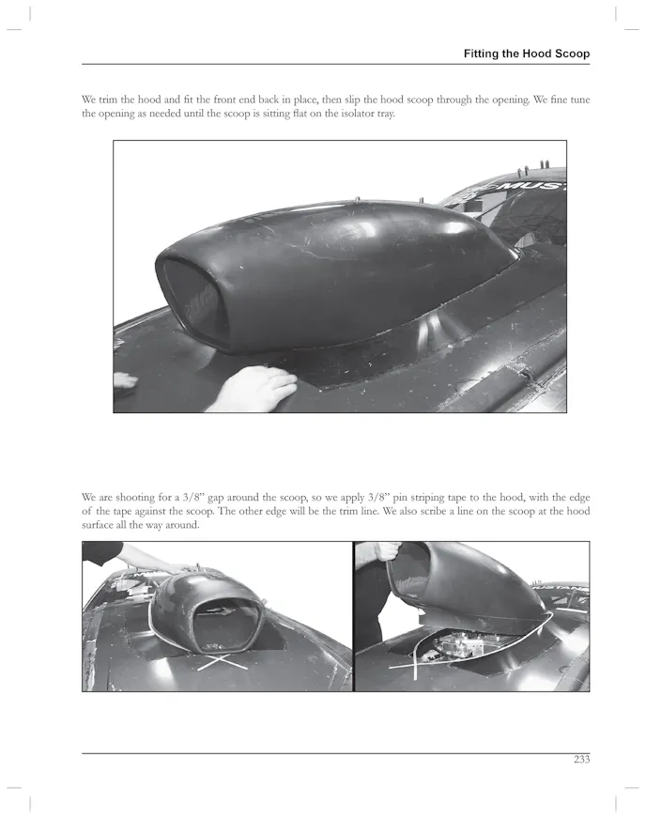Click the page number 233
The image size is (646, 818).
point(581,761)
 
